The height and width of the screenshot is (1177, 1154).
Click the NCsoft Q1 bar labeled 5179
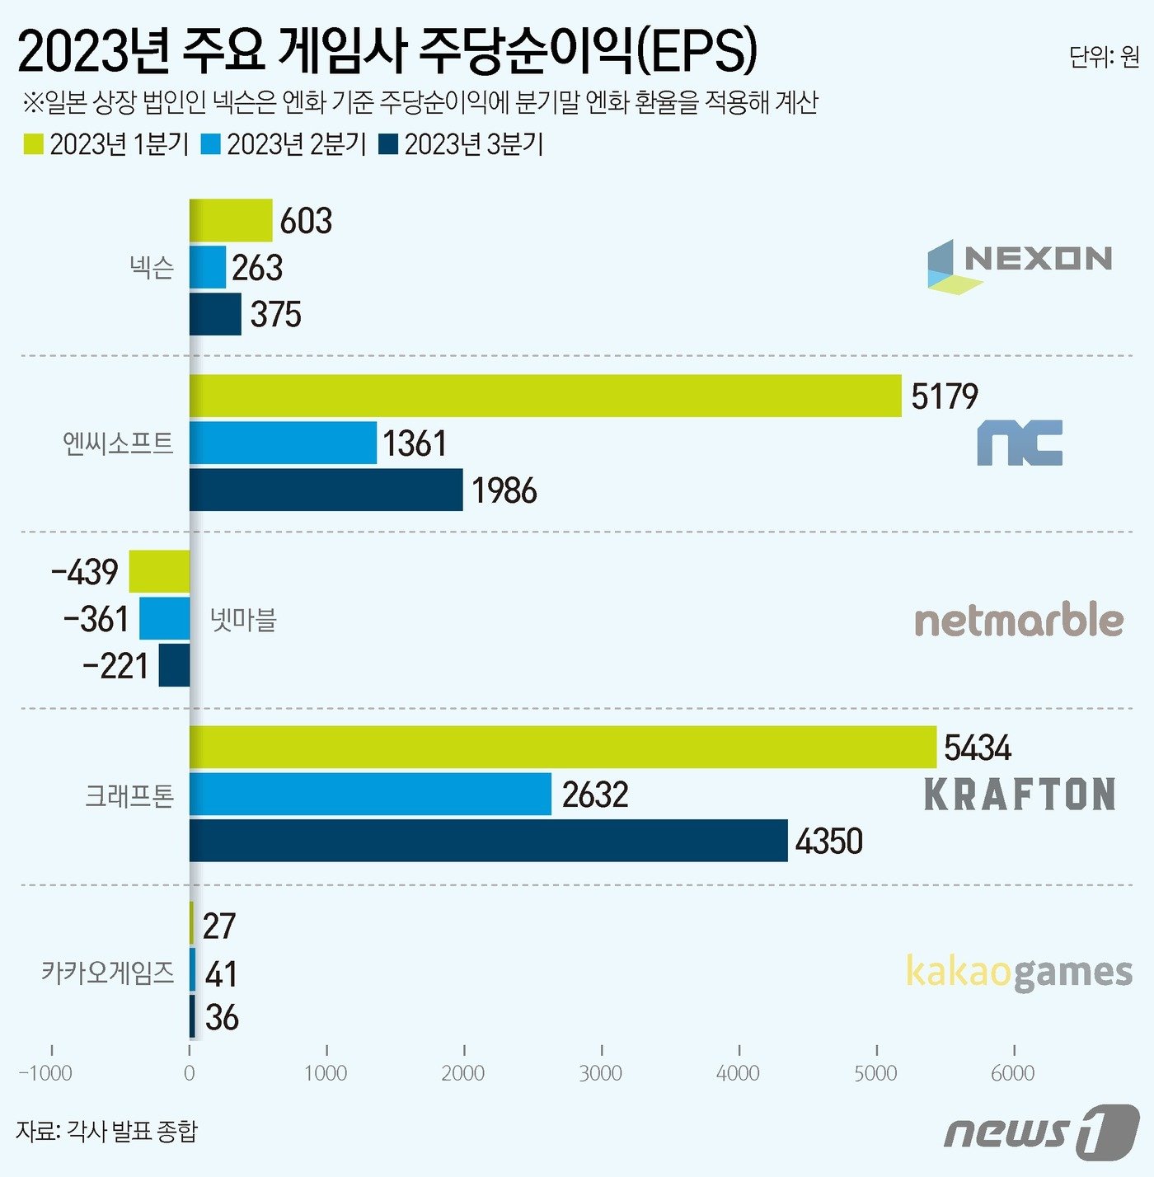(x=545, y=396)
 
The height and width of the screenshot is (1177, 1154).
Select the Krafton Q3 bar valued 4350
(x=488, y=841)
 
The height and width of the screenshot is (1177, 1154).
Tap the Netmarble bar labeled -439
(x=159, y=571)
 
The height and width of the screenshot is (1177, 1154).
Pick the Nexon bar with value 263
(x=208, y=267)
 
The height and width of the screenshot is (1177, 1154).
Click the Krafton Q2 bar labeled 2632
(x=370, y=795)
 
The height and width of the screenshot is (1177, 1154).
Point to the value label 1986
(x=504, y=490)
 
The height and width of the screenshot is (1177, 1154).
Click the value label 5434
(x=977, y=748)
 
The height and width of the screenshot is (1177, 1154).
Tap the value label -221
(x=115, y=666)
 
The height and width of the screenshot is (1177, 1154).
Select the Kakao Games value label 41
(x=221, y=974)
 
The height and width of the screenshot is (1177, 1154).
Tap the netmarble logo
(x=1019, y=620)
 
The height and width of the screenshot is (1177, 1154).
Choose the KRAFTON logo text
(x=1020, y=795)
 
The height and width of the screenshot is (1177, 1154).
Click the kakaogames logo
(x=1019, y=973)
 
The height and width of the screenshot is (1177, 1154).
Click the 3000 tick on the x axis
(x=601, y=1073)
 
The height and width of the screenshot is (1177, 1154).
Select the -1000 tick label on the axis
(x=46, y=1073)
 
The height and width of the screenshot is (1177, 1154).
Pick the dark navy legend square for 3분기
(x=388, y=144)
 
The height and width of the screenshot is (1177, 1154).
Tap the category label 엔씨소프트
(x=118, y=443)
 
